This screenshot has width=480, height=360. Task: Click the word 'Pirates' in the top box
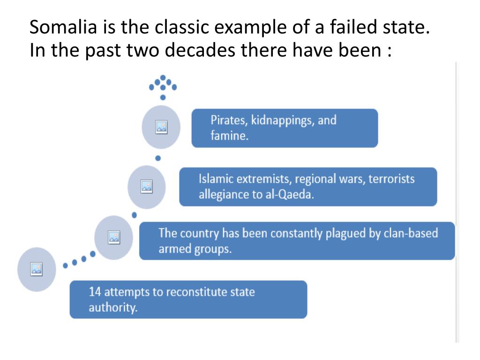click(229, 120)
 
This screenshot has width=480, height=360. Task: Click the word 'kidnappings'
click(283, 120)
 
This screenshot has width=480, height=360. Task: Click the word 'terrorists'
click(391, 179)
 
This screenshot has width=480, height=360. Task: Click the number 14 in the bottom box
click(95, 292)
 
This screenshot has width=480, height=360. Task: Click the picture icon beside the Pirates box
click(161, 127)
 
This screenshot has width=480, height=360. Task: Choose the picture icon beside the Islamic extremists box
click(147, 187)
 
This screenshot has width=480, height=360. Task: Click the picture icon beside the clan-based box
click(114, 237)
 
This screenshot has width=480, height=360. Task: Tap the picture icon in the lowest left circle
click(37, 269)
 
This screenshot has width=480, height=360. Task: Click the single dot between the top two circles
click(158, 158)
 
